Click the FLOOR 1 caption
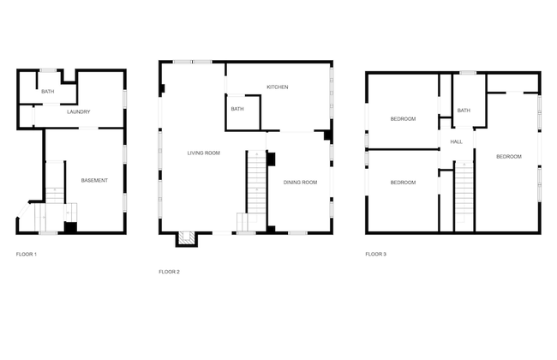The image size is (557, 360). pos(27,254)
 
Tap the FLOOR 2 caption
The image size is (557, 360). pos(169,272)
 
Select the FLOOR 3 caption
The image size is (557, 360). pos(376,254)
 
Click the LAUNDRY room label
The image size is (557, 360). pos(79,111)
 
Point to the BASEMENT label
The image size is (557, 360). pos(94,180)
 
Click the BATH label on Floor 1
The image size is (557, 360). pos(48,92)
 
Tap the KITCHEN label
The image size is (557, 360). pos(278,87)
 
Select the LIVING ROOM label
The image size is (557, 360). pos(204,153)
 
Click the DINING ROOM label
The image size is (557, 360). pos(300,183)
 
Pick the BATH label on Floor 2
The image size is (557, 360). pos(237,109)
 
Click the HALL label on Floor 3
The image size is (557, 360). pos(457,141)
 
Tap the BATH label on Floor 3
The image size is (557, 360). pos(464,111)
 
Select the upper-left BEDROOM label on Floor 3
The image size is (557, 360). pos(403,118)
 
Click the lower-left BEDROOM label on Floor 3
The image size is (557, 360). pos(403,183)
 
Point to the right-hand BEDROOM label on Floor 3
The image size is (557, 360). pos(509,156)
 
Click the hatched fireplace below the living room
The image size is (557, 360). pos(187,238)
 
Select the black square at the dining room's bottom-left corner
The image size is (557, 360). pos(271,229)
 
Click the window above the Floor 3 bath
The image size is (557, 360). pos(468,73)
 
